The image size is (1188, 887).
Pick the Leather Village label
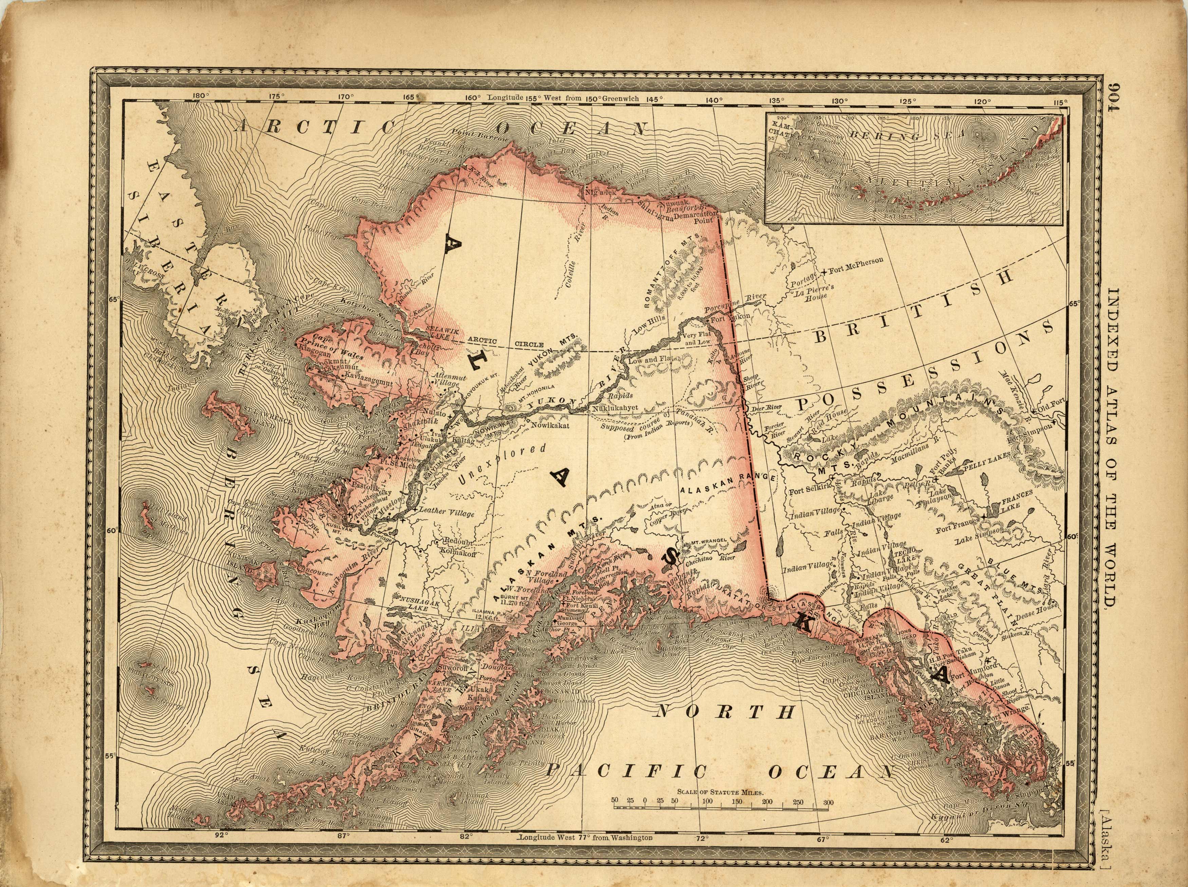(x=446, y=513)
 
